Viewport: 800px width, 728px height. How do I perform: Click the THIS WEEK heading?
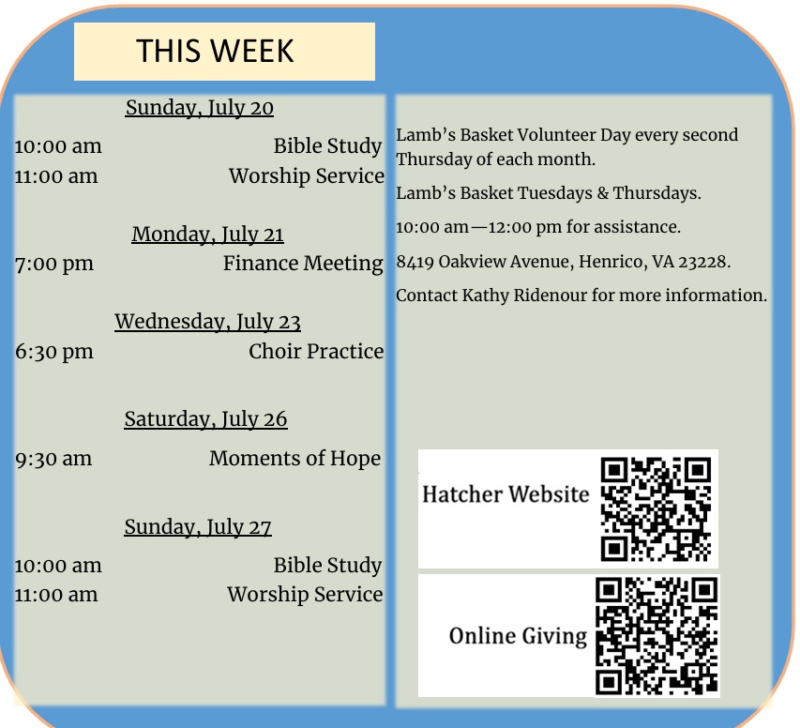[x=215, y=51]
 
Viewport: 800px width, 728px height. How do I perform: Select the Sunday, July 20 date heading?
[x=200, y=108]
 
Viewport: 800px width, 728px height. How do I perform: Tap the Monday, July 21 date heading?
[x=207, y=235]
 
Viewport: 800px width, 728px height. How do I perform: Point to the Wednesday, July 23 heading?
[x=207, y=322]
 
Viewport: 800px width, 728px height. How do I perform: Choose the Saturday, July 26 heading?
[x=205, y=419]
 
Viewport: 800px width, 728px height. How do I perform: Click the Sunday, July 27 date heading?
[x=198, y=527]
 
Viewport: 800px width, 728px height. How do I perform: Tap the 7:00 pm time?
[x=54, y=265]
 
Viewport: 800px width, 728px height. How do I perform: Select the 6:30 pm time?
[x=54, y=352]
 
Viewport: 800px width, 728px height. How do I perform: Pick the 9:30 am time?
[x=53, y=459]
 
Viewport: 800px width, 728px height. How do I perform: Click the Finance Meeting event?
[x=303, y=264]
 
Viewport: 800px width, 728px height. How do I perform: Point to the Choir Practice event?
[x=316, y=351]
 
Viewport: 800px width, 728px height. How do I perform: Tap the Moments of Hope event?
[x=294, y=459]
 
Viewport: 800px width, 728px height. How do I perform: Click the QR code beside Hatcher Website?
[x=656, y=509]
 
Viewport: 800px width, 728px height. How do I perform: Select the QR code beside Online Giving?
[x=657, y=636]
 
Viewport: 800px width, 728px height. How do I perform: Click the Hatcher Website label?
[x=506, y=494]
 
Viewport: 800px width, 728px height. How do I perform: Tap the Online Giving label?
[x=518, y=636]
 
